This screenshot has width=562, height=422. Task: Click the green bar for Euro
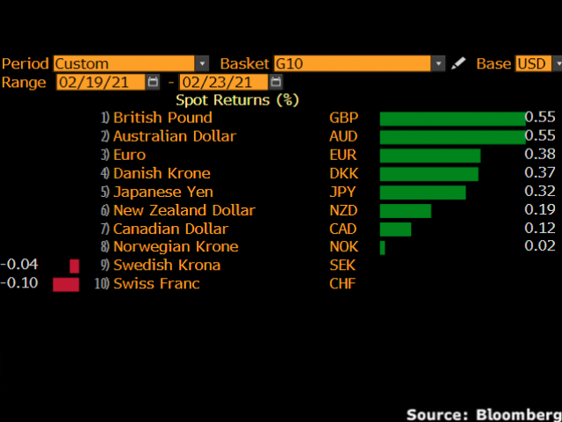click(430, 156)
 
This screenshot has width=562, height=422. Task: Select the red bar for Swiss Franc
click(66, 284)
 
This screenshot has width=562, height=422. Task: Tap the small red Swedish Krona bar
click(75, 266)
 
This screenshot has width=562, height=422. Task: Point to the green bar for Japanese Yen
click(422, 193)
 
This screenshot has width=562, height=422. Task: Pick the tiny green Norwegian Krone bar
click(382, 248)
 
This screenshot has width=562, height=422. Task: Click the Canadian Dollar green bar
click(395, 229)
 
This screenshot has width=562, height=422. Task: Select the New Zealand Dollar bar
click(406, 211)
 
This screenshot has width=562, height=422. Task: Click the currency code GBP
click(342, 118)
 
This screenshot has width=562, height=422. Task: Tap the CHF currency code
click(342, 284)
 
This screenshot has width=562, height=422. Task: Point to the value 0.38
click(539, 156)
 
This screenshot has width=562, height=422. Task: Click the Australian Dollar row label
click(175, 136)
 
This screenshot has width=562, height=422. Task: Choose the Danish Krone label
click(162, 173)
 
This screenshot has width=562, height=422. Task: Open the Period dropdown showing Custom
click(131, 63)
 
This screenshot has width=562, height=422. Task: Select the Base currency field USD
click(537, 63)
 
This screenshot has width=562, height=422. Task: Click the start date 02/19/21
click(99, 82)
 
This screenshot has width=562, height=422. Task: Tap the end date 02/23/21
click(222, 82)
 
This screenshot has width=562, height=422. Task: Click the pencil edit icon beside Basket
click(458, 63)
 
